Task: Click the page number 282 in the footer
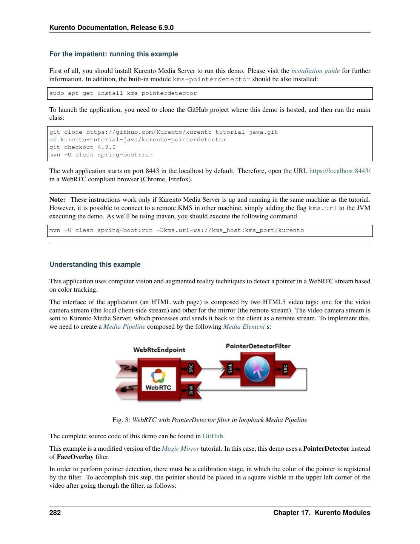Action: point(55,513)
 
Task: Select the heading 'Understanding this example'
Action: point(95,264)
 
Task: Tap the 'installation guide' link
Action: point(315,71)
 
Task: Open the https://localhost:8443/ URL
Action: point(340,171)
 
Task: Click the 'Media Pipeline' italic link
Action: point(124,326)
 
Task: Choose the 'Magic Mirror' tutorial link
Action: point(180,448)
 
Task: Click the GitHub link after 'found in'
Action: point(213,436)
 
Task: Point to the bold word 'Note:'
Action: point(57,199)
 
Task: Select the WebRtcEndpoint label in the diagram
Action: point(159,350)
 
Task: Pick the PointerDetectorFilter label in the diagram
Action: point(258,346)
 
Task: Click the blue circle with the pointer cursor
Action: point(257,369)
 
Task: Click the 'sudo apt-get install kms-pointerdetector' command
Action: point(123,93)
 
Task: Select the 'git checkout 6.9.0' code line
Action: point(82,147)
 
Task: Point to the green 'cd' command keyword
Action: point(53,140)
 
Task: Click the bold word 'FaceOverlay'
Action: point(75,457)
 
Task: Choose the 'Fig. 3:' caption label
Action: point(121,420)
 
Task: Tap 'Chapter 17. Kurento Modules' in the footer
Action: point(322,513)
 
